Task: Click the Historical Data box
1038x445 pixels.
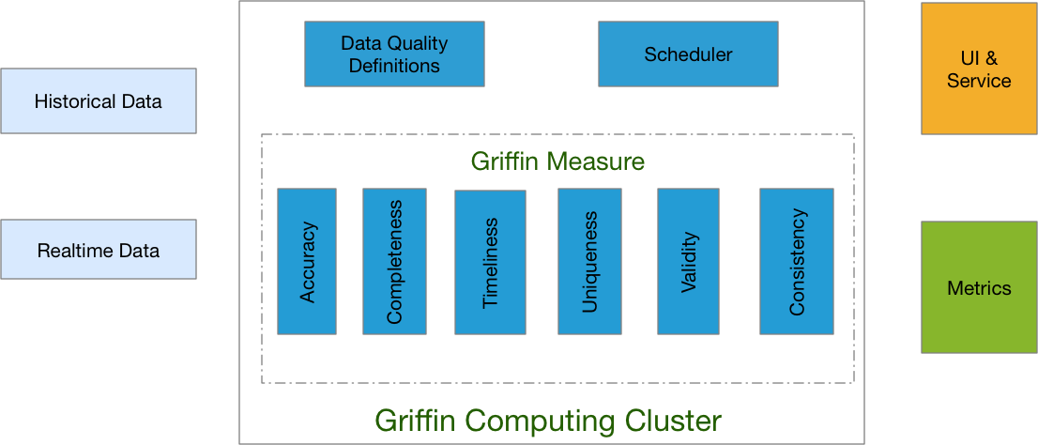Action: [x=99, y=101]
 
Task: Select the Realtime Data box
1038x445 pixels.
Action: [x=99, y=250]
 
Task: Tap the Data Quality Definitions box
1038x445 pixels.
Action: [x=394, y=54]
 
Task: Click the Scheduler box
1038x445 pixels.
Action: [x=688, y=54]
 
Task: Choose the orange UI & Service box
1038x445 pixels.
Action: [x=979, y=69]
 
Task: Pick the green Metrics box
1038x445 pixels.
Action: [x=979, y=287]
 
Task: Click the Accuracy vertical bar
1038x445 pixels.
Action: [x=307, y=261]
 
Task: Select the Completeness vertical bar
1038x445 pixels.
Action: [x=394, y=261]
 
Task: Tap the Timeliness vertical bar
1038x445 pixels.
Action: [x=490, y=262]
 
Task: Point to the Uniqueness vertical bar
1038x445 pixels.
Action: [x=589, y=261]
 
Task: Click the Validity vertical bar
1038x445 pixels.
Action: [x=688, y=261]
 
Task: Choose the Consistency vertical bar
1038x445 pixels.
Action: [x=796, y=261]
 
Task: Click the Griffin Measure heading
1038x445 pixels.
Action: [x=557, y=161]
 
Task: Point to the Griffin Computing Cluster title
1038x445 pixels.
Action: [x=548, y=420]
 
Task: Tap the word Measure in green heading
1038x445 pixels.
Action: [x=597, y=161]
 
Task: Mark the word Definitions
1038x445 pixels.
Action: [x=394, y=66]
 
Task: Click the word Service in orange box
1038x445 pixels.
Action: [x=979, y=81]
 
